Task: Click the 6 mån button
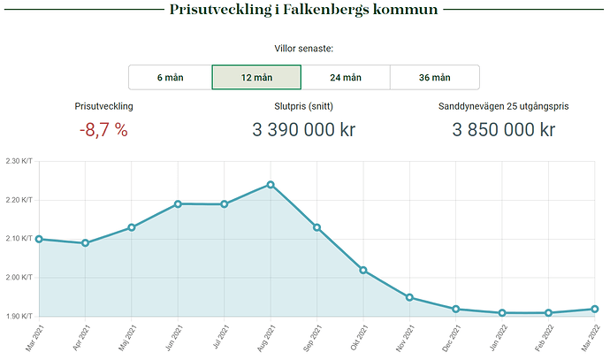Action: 170,77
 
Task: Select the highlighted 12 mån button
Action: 256,77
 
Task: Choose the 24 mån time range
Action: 346,77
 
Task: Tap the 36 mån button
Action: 434,77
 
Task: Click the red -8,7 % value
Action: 103,130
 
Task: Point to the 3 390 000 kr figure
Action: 304,130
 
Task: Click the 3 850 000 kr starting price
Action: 503,130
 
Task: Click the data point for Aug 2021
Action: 271,185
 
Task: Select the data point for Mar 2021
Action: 39,239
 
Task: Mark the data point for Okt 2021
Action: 363,270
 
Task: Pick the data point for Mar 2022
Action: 595,309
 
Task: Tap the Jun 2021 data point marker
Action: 178,203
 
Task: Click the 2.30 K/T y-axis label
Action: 19,162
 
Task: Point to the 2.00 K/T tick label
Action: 19,278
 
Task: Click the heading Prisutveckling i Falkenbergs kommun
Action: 304,11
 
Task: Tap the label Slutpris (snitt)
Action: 304,106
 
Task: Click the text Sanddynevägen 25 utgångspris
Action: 503,106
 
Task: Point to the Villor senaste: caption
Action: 304,49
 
